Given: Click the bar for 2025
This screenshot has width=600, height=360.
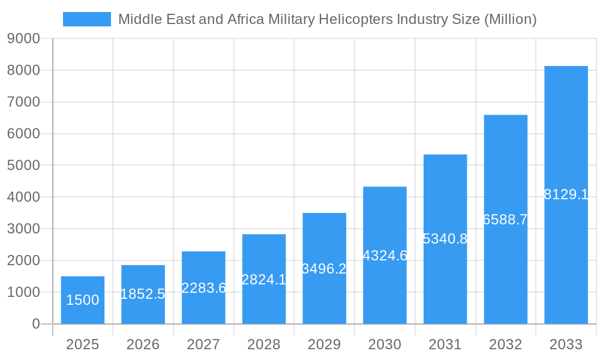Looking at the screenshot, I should click(83, 300).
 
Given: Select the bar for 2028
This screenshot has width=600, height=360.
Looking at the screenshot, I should click(264, 279).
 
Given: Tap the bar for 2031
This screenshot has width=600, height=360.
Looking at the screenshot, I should click(445, 239).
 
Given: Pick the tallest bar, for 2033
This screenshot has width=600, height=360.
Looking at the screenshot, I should click(566, 195).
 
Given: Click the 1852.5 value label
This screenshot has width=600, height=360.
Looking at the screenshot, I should click(143, 294).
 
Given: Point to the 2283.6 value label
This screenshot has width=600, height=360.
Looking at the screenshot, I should click(203, 288).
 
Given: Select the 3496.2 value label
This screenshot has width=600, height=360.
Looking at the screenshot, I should click(324, 269).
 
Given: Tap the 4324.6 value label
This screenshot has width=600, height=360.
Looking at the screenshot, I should click(385, 256).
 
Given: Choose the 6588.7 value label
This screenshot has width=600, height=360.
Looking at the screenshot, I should click(505, 220).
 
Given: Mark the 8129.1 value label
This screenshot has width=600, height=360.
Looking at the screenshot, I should click(566, 194).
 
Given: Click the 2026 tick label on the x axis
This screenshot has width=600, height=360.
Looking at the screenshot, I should click(143, 345).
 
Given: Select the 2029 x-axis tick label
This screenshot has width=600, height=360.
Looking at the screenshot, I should click(324, 345).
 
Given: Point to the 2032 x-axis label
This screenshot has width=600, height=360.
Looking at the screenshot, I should click(505, 345).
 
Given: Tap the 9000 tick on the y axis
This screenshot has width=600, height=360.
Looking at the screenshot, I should click(23, 39).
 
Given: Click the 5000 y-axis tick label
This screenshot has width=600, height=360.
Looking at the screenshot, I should click(23, 166).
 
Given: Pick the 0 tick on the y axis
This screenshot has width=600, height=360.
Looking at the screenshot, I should click(35, 324).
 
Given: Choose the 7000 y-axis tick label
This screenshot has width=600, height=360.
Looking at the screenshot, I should click(23, 102).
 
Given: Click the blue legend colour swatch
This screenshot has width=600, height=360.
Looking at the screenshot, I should click(87, 19).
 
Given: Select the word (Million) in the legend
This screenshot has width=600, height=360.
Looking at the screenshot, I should click(510, 20).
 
